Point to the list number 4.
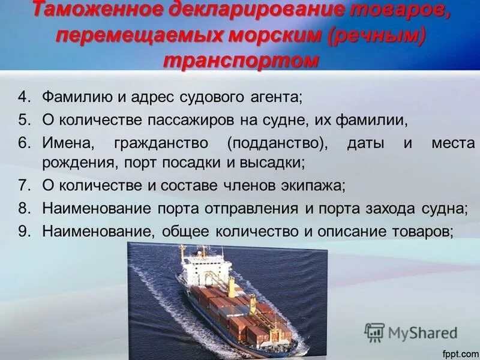click(x=23, y=97)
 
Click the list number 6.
click(x=23, y=143)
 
